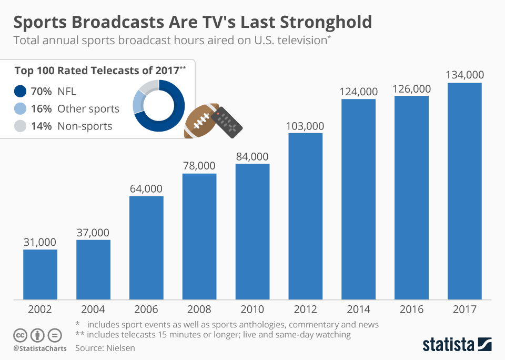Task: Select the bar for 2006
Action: pyautogui.click(x=146, y=248)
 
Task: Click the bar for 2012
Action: pyautogui.click(x=306, y=216)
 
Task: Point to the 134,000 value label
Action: pyautogui.click(x=464, y=75)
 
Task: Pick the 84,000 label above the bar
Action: pyautogui.click(x=252, y=156)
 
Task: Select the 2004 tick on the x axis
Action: pyautogui.click(x=93, y=309)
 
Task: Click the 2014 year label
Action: pyautogui.click(x=359, y=309)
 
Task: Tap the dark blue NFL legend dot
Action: pyautogui.click(x=20, y=92)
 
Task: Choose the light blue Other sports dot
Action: pyautogui.click(x=20, y=109)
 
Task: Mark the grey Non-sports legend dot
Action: pyautogui.click(x=20, y=126)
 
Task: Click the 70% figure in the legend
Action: pyautogui.click(x=41, y=92)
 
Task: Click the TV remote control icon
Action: pyautogui.click(x=227, y=122)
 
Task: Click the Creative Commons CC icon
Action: pyautogui.click(x=20, y=335)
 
